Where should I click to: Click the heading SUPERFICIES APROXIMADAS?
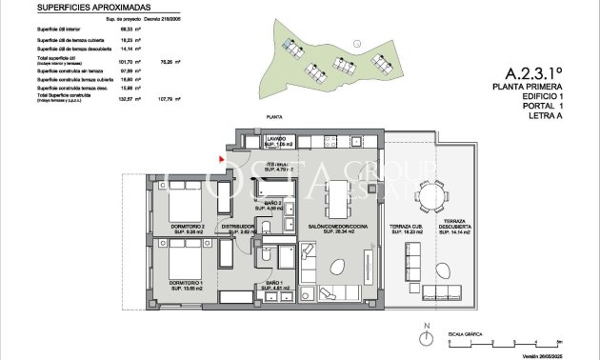point(86,7)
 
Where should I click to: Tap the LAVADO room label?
point(276,141)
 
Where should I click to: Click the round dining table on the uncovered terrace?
point(435,197)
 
